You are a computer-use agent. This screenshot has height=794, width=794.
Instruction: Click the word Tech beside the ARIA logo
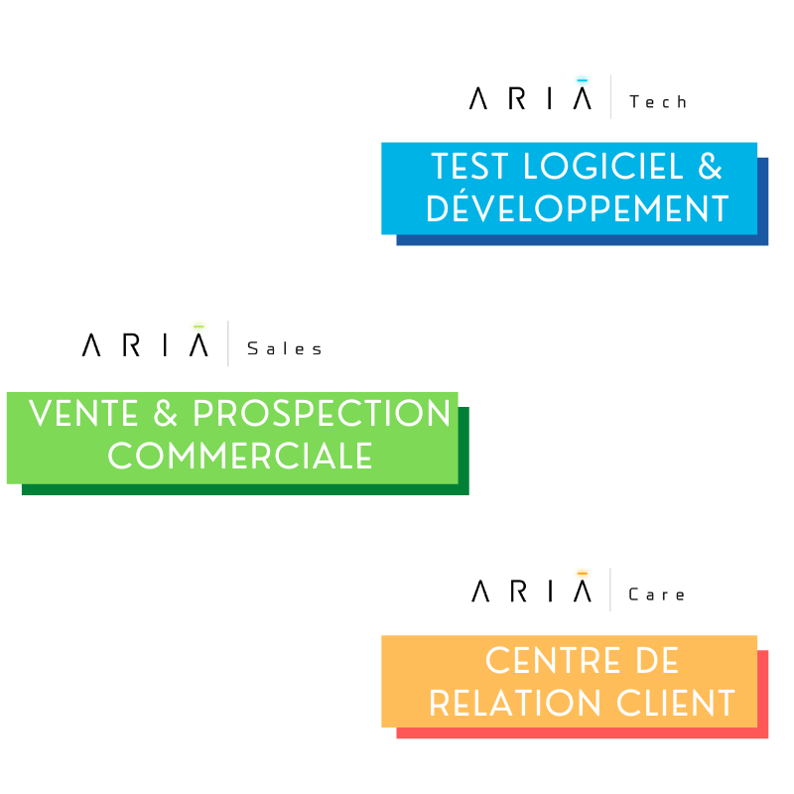(658, 101)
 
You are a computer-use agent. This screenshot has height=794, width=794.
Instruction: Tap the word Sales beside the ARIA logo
(285, 348)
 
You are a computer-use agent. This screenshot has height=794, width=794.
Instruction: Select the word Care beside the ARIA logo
(657, 595)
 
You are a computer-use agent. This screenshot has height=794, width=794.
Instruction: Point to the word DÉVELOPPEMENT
(578, 208)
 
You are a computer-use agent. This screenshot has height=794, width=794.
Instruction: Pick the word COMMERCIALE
(240, 456)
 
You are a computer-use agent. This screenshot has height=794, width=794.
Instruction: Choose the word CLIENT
(674, 703)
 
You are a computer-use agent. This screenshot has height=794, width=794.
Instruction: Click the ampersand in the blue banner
(711, 167)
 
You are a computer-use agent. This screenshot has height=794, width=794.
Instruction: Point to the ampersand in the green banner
(160, 414)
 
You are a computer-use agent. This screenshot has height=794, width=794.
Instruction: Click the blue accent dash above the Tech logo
(582, 79)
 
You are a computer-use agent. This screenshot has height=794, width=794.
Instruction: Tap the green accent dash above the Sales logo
(198, 326)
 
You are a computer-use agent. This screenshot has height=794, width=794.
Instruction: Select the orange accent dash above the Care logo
(582, 573)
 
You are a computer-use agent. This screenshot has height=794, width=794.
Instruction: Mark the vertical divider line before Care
(610, 590)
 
